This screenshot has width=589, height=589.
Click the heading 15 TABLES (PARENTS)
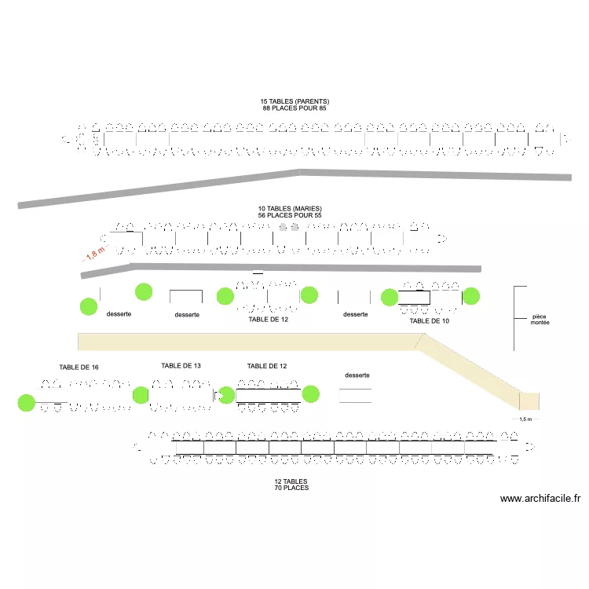(x=294, y=101)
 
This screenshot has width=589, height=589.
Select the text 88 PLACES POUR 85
(x=294, y=108)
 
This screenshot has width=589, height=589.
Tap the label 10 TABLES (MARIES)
(x=290, y=208)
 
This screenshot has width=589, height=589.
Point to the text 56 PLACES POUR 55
(x=290, y=215)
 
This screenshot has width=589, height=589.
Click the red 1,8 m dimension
(x=95, y=253)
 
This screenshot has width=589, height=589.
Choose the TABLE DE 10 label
(x=429, y=320)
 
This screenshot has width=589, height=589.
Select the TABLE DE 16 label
(x=79, y=368)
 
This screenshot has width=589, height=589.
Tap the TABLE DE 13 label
(x=181, y=366)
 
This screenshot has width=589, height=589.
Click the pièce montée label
(x=540, y=320)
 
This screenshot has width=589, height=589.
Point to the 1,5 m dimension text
(x=525, y=419)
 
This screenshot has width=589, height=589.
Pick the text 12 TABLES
(x=291, y=481)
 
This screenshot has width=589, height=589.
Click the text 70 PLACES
(x=291, y=488)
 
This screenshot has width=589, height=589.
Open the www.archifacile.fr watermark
(x=540, y=499)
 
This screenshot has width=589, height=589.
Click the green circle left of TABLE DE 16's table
(x=26, y=403)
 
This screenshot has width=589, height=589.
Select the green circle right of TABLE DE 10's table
(x=471, y=296)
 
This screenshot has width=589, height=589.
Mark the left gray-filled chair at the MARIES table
(x=284, y=226)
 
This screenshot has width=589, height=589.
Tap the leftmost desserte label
(x=119, y=314)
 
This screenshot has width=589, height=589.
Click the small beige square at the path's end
(x=529, y=401)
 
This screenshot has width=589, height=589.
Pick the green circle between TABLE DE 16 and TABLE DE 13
(x=141, y=395)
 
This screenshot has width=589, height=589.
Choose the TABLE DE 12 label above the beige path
(x=269, y=320)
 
